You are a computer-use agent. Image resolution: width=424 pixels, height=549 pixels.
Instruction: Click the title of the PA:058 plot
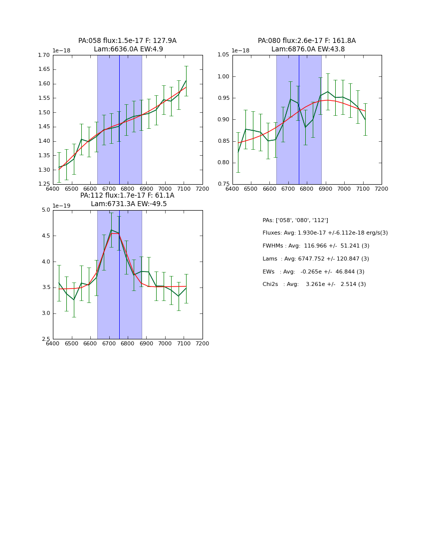(x=127, y=45)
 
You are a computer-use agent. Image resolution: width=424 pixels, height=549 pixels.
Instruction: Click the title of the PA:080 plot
(x=307, y=45)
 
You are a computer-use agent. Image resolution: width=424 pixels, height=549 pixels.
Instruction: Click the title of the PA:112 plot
(x=127, y=200)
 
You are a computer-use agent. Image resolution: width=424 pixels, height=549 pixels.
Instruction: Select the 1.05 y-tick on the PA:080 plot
(x=224, y=55)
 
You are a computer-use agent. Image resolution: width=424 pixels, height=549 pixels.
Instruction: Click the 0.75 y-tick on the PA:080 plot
(x=224, y=184)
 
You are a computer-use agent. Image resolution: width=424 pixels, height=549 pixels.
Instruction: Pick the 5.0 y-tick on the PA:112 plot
(x=46, y=210)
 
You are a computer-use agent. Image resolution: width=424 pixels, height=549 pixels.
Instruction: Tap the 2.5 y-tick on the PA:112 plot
(x=46, y=339)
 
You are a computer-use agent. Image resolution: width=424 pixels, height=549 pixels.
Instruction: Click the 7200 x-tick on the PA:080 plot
(x=381, y=189)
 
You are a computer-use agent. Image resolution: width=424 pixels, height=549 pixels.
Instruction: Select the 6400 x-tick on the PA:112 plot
(x=53, y=344)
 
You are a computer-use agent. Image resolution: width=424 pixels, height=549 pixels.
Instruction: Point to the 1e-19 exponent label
(x=61, y=206)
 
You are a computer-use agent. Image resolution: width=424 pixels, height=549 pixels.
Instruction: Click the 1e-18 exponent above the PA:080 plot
(x=241, y=51)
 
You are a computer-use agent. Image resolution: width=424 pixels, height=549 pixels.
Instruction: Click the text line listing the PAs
(x=295, y=220)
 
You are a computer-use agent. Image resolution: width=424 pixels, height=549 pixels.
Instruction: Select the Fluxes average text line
(x=325, y=233)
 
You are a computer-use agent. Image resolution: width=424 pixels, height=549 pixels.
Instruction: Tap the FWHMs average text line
(x=316, y=246)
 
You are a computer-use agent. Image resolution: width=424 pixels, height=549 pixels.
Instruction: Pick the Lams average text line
(x=316, y=259)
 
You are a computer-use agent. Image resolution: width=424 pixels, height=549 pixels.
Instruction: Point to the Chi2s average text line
(x=314, y=284)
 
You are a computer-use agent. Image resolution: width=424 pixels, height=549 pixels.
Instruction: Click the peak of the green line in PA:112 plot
(x=111, y=230)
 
